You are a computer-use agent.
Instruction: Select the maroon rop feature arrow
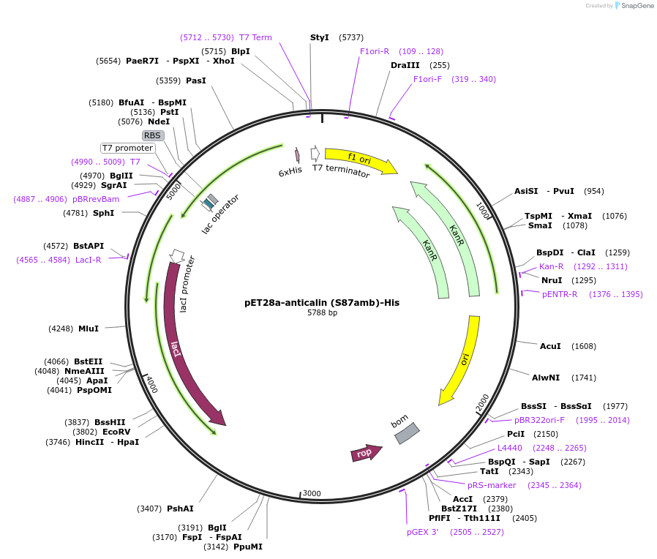[366, 454]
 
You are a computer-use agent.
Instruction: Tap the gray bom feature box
[407, 433]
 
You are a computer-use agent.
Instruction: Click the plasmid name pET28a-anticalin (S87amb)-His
[322, 302]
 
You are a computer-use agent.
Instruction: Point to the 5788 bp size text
[322, 313]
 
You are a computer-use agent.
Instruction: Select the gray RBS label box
[152, 135]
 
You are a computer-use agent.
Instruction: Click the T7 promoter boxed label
[128, 148]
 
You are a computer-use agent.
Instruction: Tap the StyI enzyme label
[320, 37]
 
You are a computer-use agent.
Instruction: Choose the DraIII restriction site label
[405, 65]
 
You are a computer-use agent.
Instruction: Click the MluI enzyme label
[89, 329]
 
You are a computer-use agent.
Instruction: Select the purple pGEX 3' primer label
[422, 532]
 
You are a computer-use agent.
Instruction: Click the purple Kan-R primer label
[551, 266]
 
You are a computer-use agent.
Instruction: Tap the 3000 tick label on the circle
[312, 494]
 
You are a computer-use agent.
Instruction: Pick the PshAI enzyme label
[180, 509]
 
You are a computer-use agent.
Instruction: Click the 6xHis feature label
[290, 170]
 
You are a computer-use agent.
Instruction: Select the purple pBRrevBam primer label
[96, 199]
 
